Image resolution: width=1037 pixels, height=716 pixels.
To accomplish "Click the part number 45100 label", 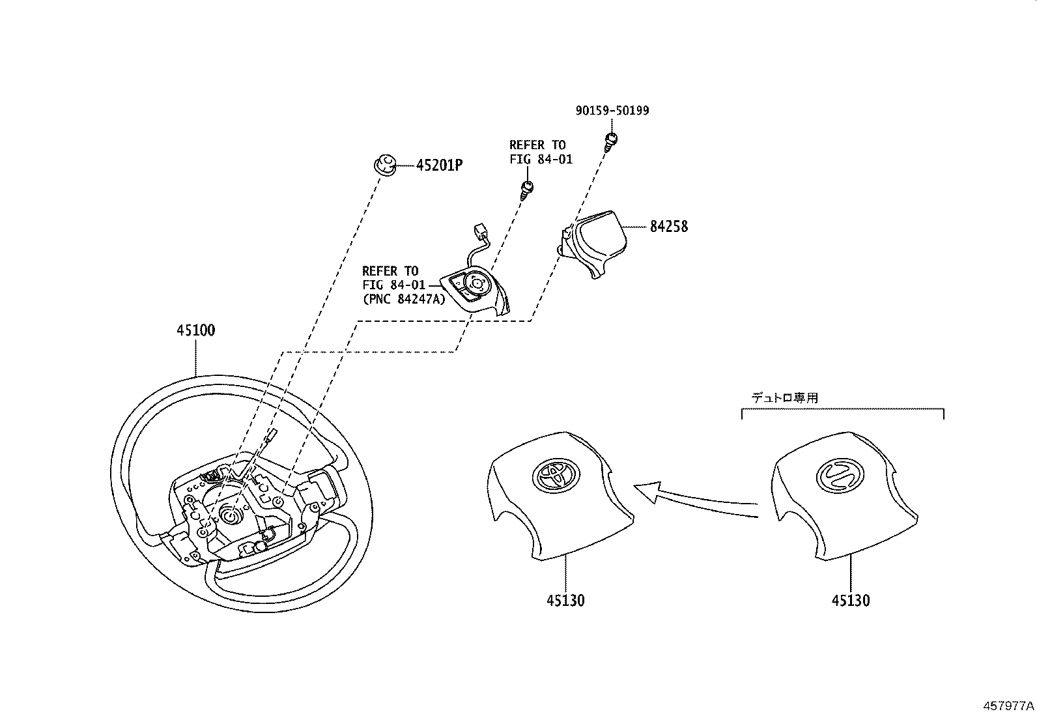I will click(x=195, y=330).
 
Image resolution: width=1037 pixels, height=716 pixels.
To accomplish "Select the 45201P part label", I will click(x=439, y=165).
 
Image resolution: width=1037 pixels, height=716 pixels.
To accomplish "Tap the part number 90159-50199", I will click(x=612, y=111).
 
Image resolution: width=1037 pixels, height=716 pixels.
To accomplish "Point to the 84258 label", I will click(x=668, y=227).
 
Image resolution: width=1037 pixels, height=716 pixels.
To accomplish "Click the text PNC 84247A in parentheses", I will click(x=404, y=299).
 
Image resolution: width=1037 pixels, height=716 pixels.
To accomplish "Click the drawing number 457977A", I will click(x=1008, y=706).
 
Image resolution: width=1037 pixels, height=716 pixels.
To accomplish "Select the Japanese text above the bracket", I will click(x=785, y=397).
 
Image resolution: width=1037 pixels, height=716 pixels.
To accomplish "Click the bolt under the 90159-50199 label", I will click(x=611, y=141).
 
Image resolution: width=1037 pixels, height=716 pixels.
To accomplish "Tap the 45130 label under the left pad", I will click(x=565, y=599).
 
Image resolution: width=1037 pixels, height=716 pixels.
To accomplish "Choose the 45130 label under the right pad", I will click(x=850, y=599).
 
